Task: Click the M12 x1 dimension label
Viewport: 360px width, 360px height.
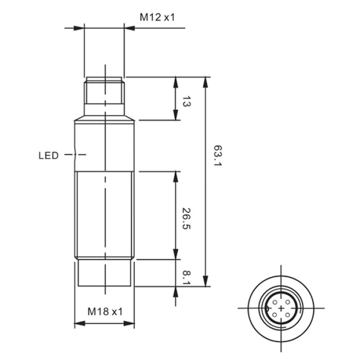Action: pos(157,17)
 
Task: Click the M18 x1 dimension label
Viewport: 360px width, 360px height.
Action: pos(105,312)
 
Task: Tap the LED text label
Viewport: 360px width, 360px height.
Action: pos(49,156)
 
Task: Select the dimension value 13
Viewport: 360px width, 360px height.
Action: pos(186,101)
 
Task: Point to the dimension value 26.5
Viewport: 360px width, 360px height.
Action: pos(186,219)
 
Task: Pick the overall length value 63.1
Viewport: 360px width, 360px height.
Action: pos(218,156)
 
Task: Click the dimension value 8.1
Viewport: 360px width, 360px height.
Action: pos(186,278)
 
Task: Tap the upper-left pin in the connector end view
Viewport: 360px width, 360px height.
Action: pos(275,302)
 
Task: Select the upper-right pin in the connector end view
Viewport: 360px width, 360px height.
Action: pos(287,302)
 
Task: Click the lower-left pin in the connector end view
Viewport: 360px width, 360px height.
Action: pos(275,315)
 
